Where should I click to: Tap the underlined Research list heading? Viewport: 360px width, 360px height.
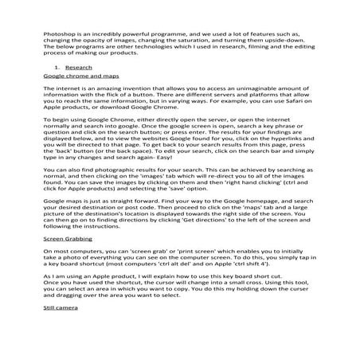pos(78,69)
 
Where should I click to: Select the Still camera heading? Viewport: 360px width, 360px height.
pos(61,350)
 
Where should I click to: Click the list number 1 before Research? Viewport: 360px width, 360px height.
pos(57,69)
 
